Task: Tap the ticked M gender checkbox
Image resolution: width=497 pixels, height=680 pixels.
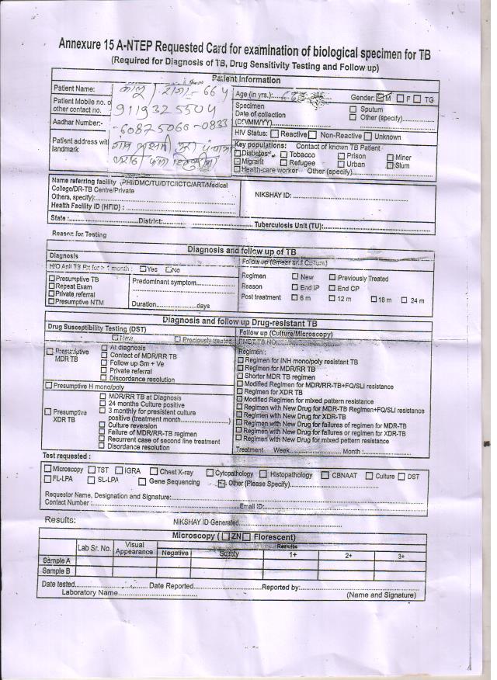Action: pos(380,99)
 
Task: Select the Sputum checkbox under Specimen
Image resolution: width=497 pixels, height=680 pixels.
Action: pos(353,109)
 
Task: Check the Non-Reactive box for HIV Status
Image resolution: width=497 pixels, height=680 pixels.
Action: pos(313,136)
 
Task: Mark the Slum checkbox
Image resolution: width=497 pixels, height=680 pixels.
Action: pos(390,165)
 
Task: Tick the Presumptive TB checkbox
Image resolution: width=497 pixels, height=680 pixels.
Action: pos(52,279)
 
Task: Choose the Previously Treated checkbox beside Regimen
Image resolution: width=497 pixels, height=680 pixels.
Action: pos(332,276)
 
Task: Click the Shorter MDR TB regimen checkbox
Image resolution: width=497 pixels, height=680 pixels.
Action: pos(240,376)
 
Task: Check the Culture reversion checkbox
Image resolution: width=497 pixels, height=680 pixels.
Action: pos(103,425)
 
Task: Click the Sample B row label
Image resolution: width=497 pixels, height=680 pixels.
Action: pos(57,571)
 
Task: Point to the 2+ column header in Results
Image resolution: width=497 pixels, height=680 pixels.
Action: pos(349,556)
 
